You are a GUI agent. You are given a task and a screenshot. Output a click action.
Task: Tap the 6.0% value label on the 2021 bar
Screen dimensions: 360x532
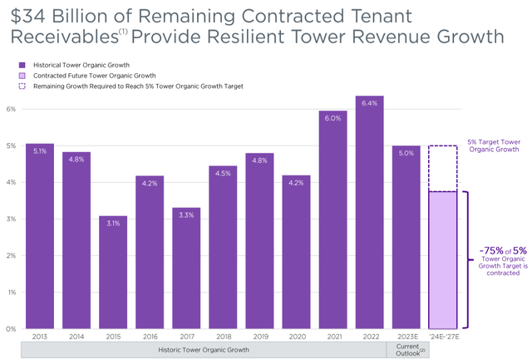(333, 119)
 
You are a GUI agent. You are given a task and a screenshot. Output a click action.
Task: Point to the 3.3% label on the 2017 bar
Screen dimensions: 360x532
(186, 215)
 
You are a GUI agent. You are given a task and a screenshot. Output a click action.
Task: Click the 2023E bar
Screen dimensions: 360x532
(406, 241)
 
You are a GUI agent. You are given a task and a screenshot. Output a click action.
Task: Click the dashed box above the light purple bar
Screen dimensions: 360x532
(443, 169)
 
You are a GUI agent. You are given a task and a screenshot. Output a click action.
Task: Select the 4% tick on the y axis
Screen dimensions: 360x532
(10, 183)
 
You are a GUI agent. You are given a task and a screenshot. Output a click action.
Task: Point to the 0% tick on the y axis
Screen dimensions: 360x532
(10, 329)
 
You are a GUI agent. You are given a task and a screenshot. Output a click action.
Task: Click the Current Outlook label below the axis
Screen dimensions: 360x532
(406, 351)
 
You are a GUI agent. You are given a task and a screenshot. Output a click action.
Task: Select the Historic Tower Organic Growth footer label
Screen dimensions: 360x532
(204, 351)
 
